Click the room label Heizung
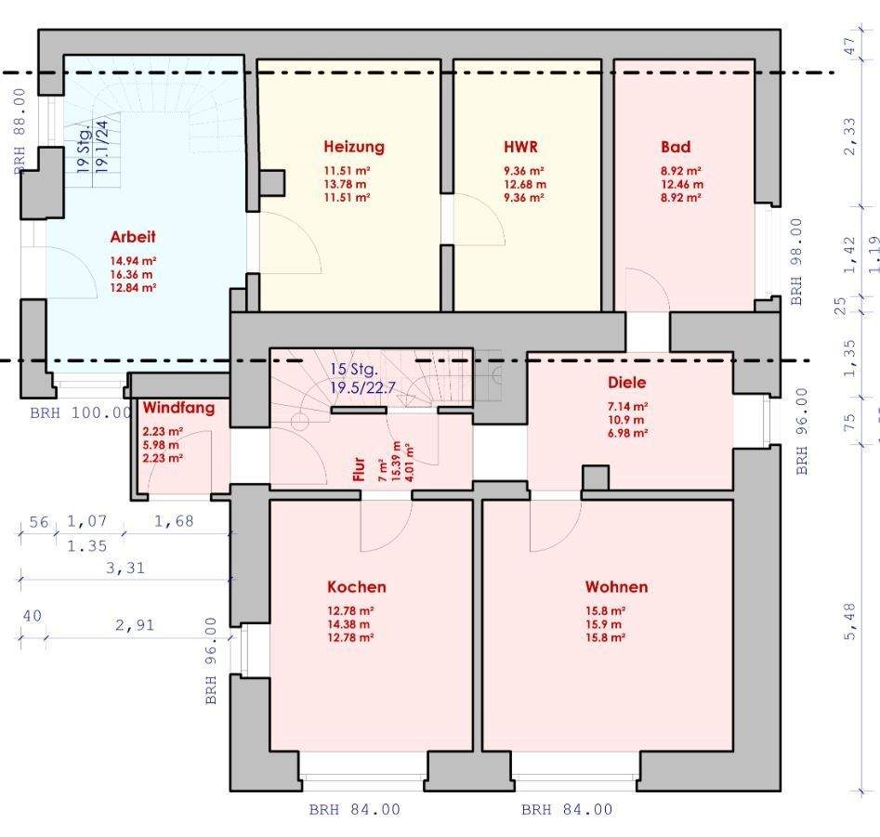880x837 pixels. point(353,147)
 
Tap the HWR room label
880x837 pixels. point(521,147)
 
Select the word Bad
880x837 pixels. point(676,147)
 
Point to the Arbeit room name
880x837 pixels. point(133,237)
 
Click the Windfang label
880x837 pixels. point(178,407)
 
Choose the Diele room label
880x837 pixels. point(626,383)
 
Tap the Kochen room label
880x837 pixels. point(356,587)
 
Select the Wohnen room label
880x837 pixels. point(616,587)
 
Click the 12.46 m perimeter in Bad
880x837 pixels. point(681,184)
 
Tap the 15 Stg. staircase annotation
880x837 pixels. point(353,369)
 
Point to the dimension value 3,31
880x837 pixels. point(125,568)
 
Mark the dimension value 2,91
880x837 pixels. point(135,625)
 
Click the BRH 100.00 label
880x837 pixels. point(80,412)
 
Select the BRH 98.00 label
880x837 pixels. point(795,263)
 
